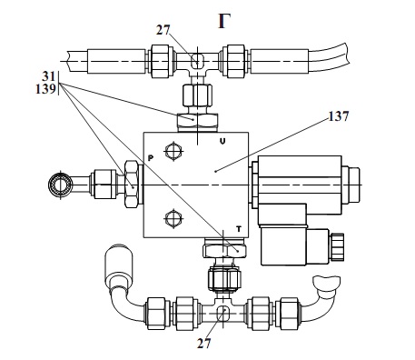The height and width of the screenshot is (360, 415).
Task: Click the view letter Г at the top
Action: pos(224,22)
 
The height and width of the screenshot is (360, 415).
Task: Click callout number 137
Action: pos(339,116)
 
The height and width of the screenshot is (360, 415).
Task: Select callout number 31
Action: pos(48,75)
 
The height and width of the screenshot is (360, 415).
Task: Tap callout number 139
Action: pos(46,89)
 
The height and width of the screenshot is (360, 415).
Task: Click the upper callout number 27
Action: pos(163,30)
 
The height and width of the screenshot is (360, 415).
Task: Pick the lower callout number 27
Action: pos(203,344)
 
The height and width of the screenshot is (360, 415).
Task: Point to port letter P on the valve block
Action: pos(151,158)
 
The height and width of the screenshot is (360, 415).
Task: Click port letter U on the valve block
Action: pos(222,141)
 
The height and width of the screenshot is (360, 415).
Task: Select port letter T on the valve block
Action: pos(239,229)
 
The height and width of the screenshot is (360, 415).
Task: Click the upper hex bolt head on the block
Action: pos(173,150)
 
